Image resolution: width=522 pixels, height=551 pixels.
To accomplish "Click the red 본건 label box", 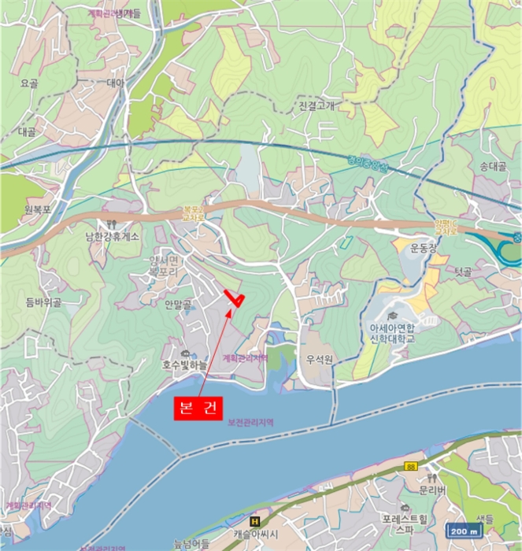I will tap(198, 409).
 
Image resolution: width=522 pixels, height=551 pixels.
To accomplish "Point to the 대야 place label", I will tap(115, 82).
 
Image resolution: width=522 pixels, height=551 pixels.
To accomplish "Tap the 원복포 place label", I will tap(36, 209).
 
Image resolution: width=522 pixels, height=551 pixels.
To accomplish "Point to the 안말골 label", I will tap(179, 302).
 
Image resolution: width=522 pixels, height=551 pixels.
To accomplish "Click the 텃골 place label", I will tap(463, 272).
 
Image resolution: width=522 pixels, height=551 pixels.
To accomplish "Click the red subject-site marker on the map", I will tap(234, 298).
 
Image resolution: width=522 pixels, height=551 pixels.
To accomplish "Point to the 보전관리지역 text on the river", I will tap(250, 422).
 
